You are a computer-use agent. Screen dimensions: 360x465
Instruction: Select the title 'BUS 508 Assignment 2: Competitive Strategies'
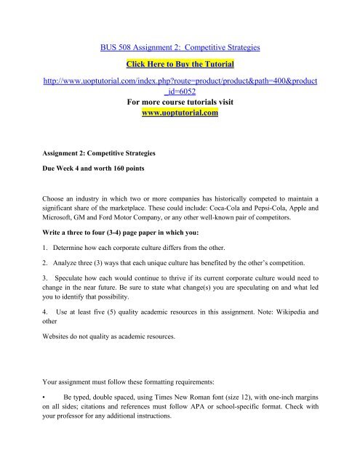[x=180, y=46]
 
